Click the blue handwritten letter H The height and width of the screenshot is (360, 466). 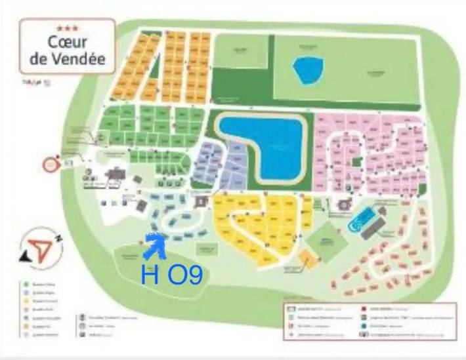click(149, 273)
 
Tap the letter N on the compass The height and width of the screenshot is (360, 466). click(58, 239)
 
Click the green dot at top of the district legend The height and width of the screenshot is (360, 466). click(24, 284)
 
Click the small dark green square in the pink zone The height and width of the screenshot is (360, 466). click(356, 161)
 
